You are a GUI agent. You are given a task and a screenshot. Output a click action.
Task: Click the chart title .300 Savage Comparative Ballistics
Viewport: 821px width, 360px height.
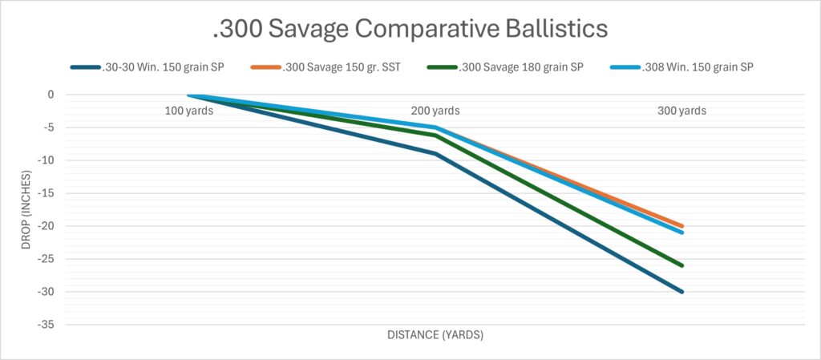pos(410,30)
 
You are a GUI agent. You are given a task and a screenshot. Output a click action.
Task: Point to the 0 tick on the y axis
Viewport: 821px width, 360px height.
pos(50,95)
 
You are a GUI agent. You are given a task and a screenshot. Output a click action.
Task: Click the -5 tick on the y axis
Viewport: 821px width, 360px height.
pos(48,127)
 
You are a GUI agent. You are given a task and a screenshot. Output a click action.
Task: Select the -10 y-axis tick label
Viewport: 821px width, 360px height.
pos(46,160)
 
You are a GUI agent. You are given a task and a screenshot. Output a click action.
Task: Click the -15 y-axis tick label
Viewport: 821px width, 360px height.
pos(46,193)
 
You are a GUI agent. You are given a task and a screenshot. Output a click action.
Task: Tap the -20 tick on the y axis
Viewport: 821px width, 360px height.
pos(46,226)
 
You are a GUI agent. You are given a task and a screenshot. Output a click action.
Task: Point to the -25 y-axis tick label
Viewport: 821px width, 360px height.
pos(46,259)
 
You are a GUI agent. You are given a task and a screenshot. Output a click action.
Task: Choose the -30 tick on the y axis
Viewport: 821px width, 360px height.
pos(46,292)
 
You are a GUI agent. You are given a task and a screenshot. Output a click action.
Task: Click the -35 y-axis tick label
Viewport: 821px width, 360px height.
pos(46,325)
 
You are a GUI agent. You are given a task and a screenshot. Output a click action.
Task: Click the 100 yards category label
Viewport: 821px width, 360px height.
pos(188,111)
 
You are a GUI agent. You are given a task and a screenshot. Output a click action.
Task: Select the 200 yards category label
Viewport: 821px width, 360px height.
pos(435,111)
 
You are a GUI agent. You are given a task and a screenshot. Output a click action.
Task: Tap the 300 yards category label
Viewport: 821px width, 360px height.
pos(681,111)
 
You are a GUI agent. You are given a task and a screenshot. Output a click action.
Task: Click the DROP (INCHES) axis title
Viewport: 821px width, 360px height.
pos(26,209)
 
